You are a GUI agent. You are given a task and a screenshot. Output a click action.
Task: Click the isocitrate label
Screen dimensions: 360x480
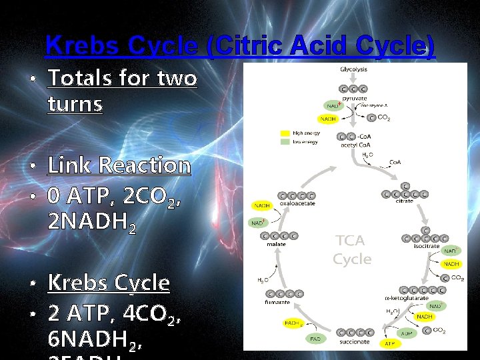pos(426,246)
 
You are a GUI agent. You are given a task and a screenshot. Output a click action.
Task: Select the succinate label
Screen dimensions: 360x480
pos(355,341)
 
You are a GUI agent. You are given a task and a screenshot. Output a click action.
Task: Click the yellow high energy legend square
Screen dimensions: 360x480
pos(285,133)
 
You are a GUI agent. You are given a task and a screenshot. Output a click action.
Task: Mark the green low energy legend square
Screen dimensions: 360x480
pos(285,141)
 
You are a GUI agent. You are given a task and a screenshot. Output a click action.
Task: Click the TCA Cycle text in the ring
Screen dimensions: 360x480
pos(351,249)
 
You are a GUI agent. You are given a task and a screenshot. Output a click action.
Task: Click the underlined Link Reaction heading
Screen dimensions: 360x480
pos(119,165)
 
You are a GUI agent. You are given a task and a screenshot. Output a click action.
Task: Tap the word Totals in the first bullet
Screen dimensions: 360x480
pos(80,79)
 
